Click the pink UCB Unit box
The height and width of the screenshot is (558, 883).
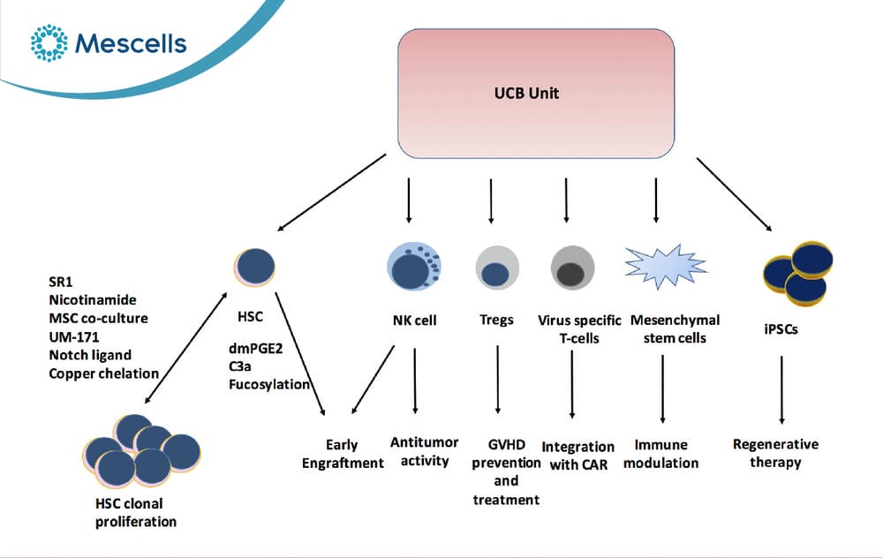click(536, 94)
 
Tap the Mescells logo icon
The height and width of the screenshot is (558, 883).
click(49, 42)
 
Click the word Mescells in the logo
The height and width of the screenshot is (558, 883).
click(131, 43)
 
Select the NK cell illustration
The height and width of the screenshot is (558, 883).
click(414, 267)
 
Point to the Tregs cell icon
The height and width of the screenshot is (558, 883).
click(497, 268)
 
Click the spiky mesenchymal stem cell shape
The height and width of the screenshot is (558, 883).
click(666, 266)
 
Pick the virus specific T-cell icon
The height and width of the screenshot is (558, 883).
click(572, 268)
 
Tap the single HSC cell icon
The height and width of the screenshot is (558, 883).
click(254, 267)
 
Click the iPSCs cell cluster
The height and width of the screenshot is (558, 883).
click(797, 273)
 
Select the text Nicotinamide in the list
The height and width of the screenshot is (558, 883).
click(93, 300)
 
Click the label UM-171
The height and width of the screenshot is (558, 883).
click(74, 337)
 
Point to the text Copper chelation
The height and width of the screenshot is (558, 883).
click(103, 373)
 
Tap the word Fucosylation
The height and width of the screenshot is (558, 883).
click(269, 385)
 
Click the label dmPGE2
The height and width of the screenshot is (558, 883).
click(256, 349)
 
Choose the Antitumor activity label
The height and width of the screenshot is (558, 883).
click(425, 451)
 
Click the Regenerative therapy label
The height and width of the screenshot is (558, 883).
click(775, 453)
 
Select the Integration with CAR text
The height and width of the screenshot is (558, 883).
click(577, 456)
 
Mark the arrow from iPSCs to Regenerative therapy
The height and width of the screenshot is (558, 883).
click(781, 389)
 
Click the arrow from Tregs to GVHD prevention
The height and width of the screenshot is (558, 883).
click(498, 380)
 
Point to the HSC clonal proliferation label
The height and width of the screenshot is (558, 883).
click(136, 512)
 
